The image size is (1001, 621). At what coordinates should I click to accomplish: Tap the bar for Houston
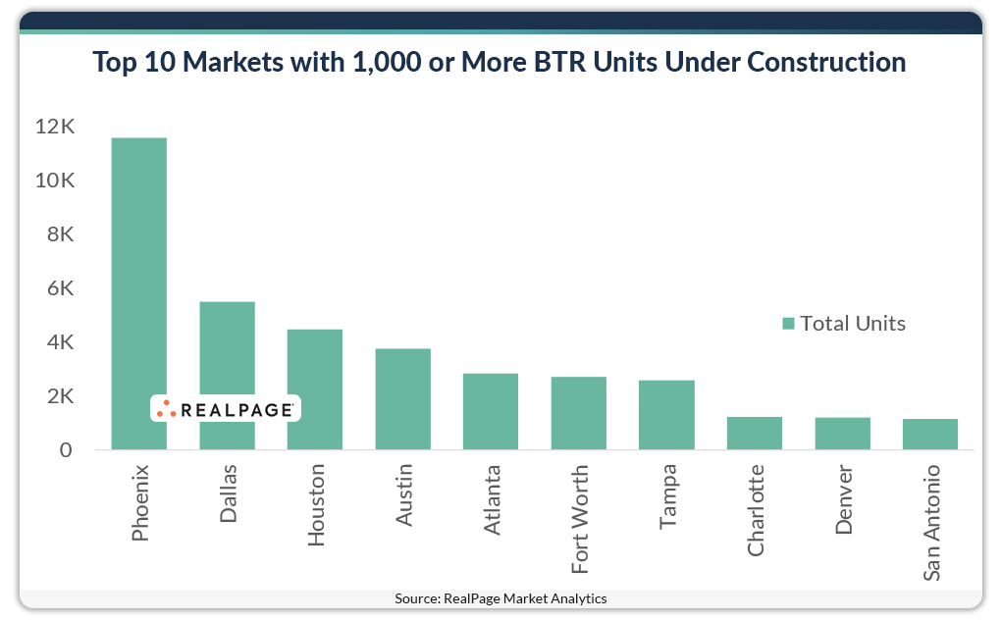315,389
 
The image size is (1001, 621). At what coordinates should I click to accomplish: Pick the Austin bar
402,399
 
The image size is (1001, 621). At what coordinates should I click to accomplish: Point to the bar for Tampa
666,415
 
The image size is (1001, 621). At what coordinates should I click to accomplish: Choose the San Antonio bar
930,435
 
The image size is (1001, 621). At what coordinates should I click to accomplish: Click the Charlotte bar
755,434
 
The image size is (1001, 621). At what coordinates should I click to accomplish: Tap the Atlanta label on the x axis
492,499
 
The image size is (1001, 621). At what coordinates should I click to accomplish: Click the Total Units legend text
852,323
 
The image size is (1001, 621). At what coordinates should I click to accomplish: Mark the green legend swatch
787,324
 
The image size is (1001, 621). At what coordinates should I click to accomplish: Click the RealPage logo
226,409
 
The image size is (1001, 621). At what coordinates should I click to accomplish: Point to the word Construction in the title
826,62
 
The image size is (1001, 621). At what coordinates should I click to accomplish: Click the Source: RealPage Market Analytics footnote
500,598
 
